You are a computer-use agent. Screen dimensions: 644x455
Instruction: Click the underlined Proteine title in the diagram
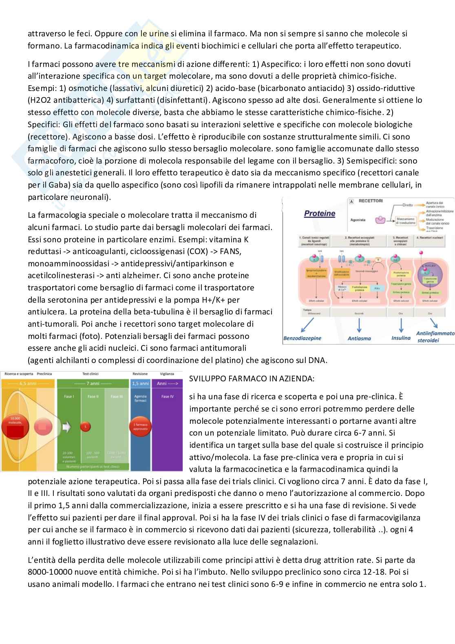click(320, 213)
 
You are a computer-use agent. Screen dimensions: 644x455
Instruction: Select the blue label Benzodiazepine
click(302, 338)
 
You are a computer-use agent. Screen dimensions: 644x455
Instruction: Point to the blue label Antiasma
click(359, 338)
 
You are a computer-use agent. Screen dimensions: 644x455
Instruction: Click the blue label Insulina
click(401, 338)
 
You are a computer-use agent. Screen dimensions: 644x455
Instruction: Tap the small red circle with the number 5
click(85, 427)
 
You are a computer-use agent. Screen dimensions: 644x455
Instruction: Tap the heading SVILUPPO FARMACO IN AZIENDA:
click(252, 378)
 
